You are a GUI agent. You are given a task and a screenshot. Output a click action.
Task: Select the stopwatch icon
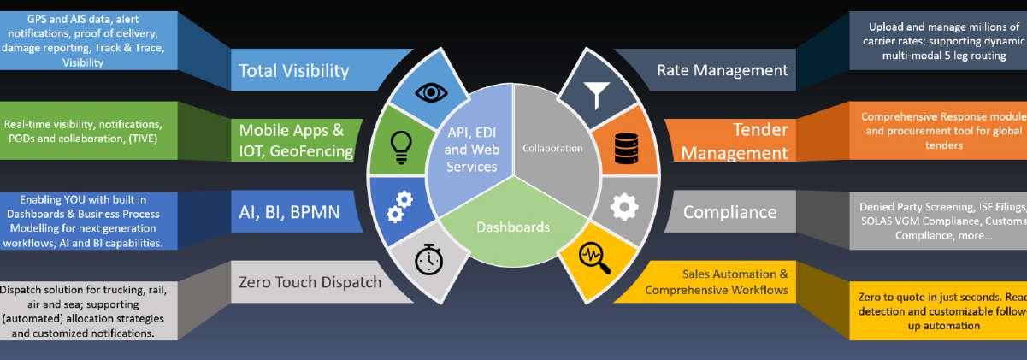tap(428, 259)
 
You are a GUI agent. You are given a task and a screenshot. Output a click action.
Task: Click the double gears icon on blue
tap(398, 205)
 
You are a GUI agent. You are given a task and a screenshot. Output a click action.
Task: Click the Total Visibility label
tap(293, 70)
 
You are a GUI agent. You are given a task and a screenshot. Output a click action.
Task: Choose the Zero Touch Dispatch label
tap(310, 282)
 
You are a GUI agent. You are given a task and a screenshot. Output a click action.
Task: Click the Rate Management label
tap(722, 70)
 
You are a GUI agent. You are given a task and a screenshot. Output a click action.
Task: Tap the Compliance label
tap(729, 212)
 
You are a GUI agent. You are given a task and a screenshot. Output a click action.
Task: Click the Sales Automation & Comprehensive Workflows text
tap(717, 282)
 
